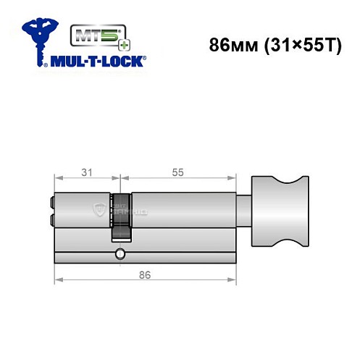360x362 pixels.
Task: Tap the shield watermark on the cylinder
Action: click(x=99, y=209)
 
